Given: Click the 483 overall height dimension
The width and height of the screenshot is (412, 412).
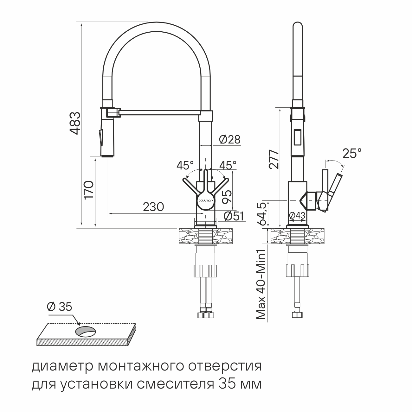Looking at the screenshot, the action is (75, 123).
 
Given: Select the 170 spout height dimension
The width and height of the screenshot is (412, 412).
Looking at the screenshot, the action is (89, 190).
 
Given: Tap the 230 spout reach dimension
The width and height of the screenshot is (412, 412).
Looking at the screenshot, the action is (153, 207).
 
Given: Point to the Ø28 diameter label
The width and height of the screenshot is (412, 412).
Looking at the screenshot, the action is (230, 140).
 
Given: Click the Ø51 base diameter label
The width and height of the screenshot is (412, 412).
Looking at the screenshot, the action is (234, 216).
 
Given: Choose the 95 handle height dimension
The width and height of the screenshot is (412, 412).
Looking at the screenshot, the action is (227, 196).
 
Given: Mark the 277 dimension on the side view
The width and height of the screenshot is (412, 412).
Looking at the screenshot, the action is (274, 160).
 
